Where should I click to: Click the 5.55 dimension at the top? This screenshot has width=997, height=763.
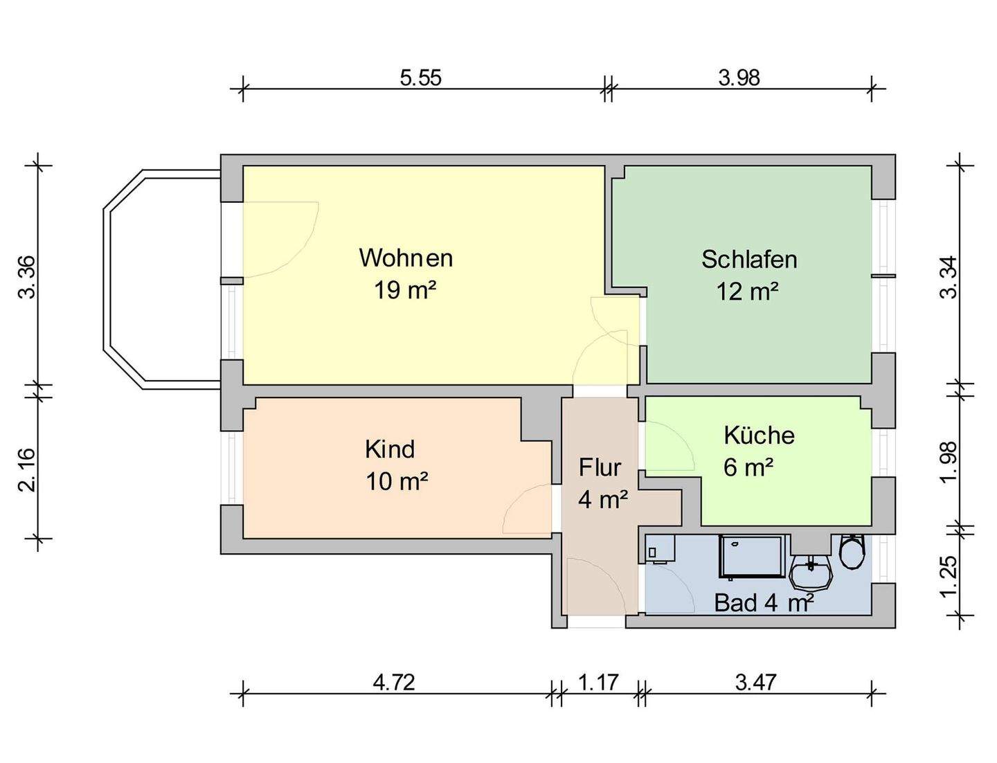click(420, 78)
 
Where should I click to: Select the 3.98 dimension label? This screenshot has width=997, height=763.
click(739, 78)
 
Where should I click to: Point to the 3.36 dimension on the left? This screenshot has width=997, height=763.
click(26, 277)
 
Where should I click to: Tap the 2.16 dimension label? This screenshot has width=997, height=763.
click(26, 469)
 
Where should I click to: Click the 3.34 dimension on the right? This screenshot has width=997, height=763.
click(949, 277)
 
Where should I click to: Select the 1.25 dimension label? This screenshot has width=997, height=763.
click(949, 575)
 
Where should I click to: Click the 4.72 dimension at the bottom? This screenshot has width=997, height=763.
click(394, 683)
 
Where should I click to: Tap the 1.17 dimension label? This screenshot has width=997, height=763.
click(598, 683)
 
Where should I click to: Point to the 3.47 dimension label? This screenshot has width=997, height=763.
click(755, 683)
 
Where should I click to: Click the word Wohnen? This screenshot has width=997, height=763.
click(406, 258)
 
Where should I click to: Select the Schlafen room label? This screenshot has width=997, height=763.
click(749, 260)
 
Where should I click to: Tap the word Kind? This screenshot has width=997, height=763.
click(390, 449)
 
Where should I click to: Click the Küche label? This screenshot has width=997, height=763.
click(759, 436)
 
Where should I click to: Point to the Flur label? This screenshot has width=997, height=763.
click(600, 468)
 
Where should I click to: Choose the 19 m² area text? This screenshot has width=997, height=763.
click(405, 290)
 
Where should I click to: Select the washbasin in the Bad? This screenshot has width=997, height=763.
click(811, 573)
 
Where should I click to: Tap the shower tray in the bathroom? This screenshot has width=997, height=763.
click(753, 557)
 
